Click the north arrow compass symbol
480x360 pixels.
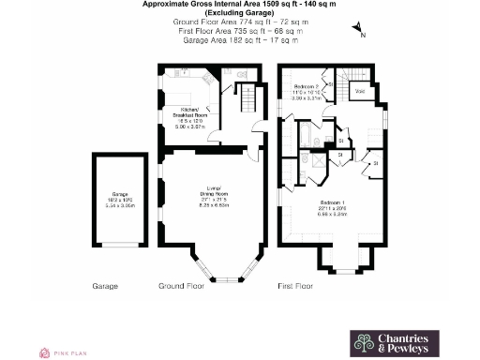pyautogui.click(x=360, y=34)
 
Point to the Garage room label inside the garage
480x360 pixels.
pyautogui.click(x=119, y=194)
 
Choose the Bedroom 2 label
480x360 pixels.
pyautogui.click(x=307, y=85)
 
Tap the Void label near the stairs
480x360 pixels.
pyautogui.click(x=360, y=91)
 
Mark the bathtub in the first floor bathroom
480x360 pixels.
pyautogui.click(x=307, y=142)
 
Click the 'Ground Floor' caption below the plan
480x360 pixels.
pyautogui.click(x=181, y=285)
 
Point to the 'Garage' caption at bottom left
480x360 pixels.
pyautogui.click(x=105, y=285)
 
